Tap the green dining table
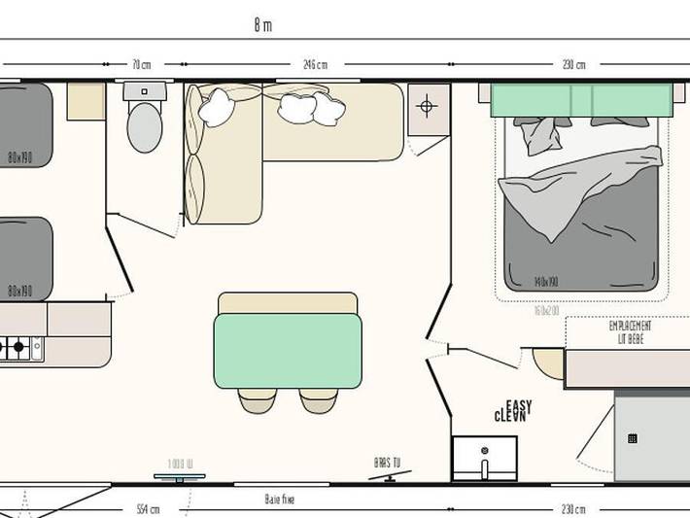[x=288, y=350]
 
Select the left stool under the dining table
[x=258, y=399]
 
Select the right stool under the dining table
[x=318, y=399]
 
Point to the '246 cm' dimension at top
[x=315, y=65]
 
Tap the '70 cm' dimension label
[x=141, y=65]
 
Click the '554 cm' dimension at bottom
[x=148, y=509]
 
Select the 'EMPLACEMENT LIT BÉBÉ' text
[x=630, y=332]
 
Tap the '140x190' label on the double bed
[x=547, y=283]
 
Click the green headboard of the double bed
[x=580, y=99]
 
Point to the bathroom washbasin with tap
[x=484, y=457]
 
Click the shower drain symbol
[x=633, y=439]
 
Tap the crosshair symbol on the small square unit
[x=427, y=104]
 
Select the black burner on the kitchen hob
[x=18, y=346]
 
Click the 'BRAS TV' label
[x=387, y=464]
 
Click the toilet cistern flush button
[x=145, y=91]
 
